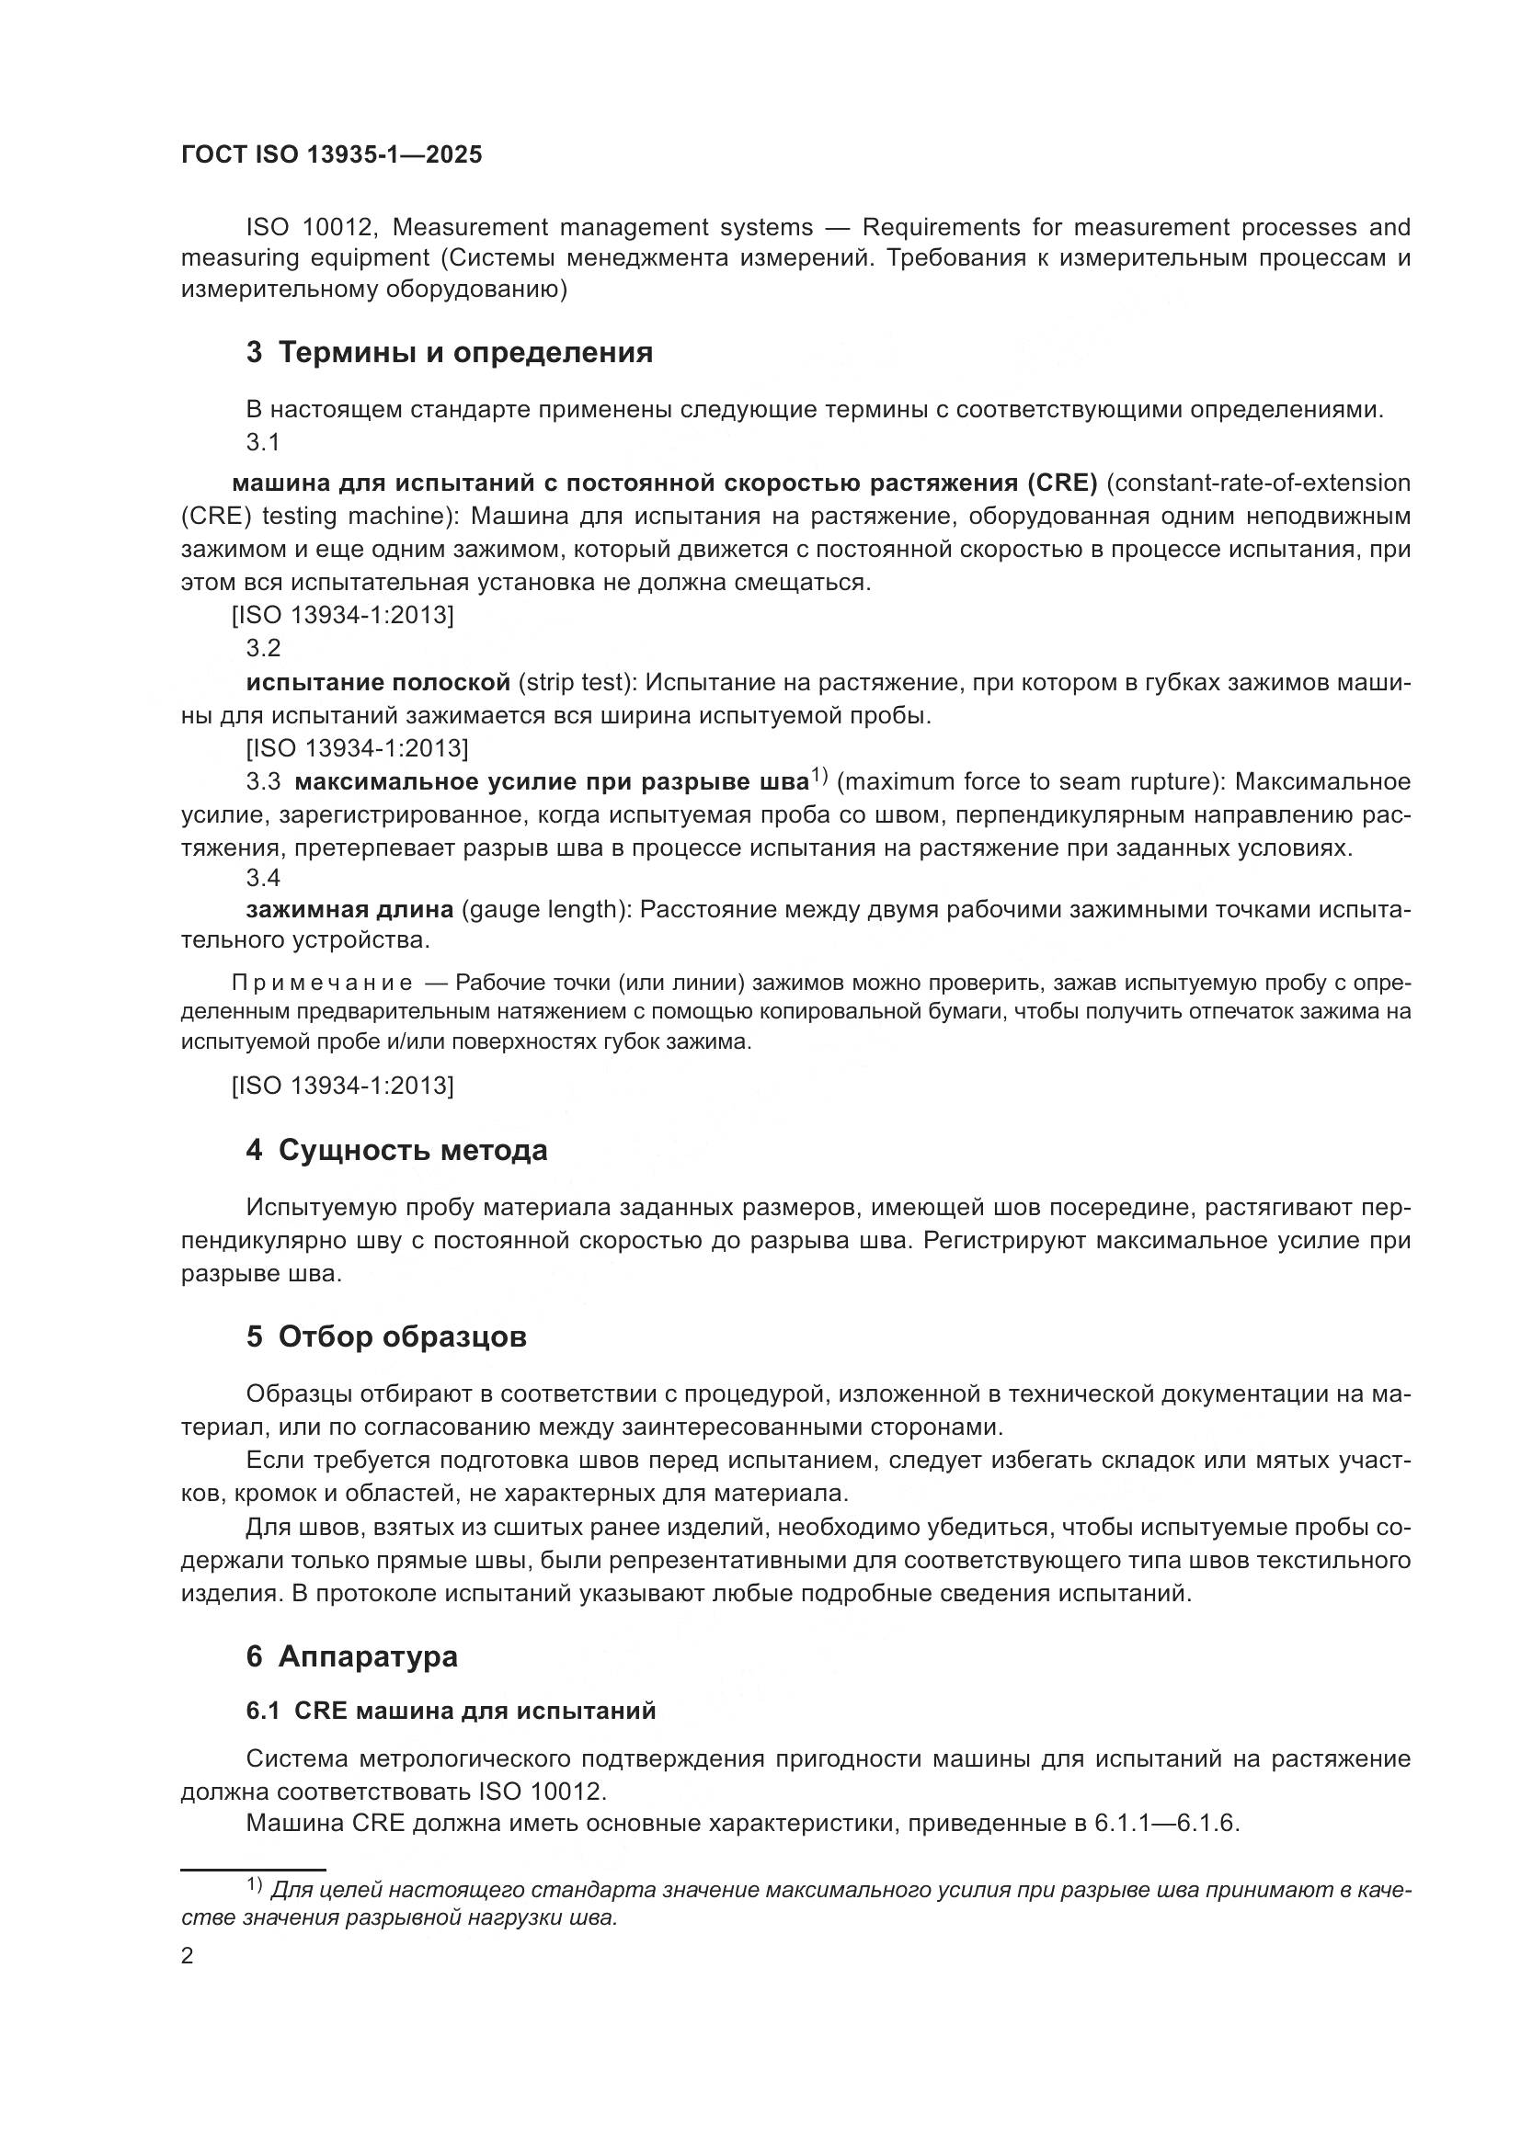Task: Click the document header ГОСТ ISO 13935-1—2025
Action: coord(332,155)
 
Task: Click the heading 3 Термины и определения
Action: coord(450,353)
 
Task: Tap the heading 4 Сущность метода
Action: coord(396,1150)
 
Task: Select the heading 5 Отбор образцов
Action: coord(386,1337)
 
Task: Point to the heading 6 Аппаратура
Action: coord(351,1655)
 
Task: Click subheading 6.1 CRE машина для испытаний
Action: coord(451,1711)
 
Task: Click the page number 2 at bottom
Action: coord(188,1956)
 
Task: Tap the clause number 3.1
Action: coord(263,442)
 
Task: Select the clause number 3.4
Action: coord(263,878)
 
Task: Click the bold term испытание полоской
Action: coord(378,682)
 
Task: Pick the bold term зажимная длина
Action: coord(349,909)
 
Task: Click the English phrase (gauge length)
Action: coord(547,909)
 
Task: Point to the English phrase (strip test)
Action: coord(578,682)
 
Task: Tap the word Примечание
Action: coord(322,983)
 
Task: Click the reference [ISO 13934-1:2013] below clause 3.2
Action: coord(357,748)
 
